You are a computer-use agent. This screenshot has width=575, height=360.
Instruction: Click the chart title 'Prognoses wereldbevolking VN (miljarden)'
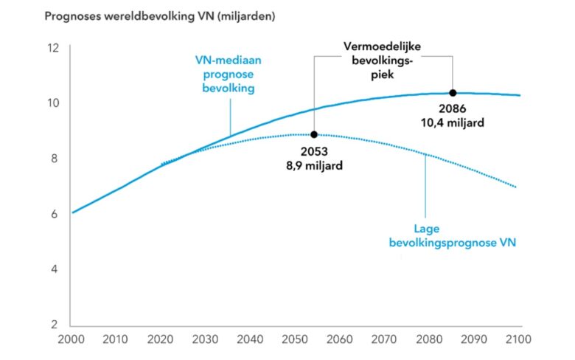pos(159,16)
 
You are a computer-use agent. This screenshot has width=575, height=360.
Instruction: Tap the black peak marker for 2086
pos(453,93)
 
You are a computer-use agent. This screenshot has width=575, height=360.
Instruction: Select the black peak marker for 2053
pos(314,134)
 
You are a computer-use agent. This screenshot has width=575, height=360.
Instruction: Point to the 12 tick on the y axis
pos(52,48)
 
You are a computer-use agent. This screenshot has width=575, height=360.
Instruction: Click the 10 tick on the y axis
pos(52,103)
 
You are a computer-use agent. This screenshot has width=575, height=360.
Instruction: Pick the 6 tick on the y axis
pos(53,214)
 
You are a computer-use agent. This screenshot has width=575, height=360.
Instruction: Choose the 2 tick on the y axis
pos(53,325)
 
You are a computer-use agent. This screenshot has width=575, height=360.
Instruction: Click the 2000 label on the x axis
pos(71,340)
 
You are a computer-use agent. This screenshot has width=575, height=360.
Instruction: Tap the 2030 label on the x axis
pos(206,340)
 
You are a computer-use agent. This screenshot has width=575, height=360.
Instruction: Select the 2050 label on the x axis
pos(296,340)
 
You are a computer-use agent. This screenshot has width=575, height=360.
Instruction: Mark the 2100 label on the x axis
pos(521,340)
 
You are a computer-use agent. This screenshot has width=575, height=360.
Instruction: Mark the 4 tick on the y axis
pos(53,269)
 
